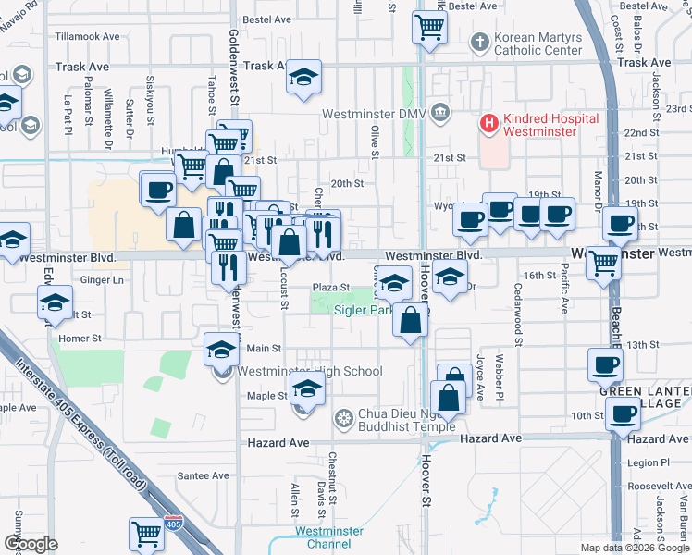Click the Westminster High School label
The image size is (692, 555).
coord(310,372)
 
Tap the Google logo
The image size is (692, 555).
coord(30,544)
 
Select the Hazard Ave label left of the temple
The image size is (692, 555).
coord(278,444)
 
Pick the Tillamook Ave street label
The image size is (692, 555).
coord(87,37)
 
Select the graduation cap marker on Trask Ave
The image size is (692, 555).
coord(303,79)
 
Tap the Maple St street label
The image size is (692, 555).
coord(267,396)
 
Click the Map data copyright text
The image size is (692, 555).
coord(634,548)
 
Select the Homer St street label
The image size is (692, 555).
coord(80,339)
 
